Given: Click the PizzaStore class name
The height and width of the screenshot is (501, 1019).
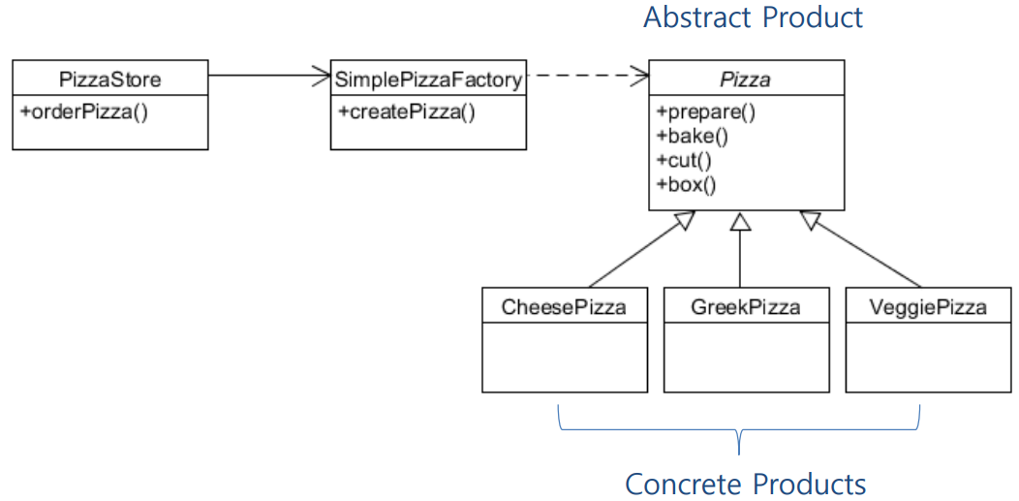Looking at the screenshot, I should (x=110, y=78).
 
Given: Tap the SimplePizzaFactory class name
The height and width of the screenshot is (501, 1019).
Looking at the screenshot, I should (x=428, y=78).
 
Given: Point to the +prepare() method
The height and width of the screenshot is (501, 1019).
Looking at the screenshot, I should (x=705, y=110).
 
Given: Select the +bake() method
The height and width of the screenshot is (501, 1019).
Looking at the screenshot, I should (x=693, y=135).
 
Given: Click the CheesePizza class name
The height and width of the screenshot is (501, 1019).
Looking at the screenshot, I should (x=564, y=307).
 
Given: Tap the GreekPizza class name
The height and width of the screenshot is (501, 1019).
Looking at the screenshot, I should (x=746, y=307).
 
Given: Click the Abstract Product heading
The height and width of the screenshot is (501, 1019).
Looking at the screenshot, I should (x=753, y=17).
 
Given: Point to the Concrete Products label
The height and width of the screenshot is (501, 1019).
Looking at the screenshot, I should (x=745, y=483).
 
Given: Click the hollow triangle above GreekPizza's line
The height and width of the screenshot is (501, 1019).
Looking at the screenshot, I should (x=740, y=221).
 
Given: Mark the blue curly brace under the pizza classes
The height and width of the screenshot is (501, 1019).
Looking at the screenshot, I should (x=739, y=430).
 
